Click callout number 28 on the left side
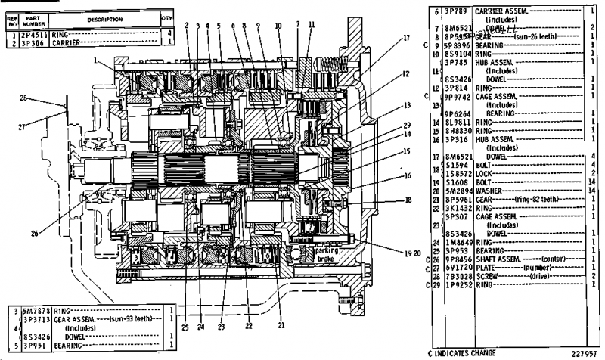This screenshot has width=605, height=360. coord(23,98)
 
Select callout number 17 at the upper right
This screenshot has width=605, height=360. coord(405,37)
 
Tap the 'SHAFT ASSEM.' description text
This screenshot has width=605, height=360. coord(498,257)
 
